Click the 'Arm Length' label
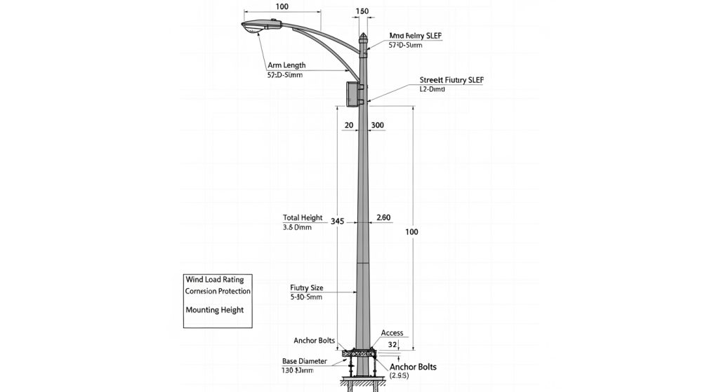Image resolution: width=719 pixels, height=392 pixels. [x=286, y=65]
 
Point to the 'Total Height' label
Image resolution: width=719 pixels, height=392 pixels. [x=303, y=217]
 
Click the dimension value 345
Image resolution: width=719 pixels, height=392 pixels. [x=337, y=222]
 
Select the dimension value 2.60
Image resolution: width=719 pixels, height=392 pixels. [x=383, y=217]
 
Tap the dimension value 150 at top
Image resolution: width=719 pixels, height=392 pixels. [x=362, y=11]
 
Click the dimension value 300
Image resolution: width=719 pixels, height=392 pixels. [x=377, y=125]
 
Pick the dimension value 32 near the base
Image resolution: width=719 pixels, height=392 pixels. [x=393, y=344]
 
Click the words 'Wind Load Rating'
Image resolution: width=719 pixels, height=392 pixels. [x=214, y=279]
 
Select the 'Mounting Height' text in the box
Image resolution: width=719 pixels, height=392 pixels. [x=214, y=309]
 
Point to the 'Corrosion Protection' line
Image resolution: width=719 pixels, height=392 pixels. [x=218, y=291]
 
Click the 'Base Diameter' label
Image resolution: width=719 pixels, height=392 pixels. [x=304, y=361]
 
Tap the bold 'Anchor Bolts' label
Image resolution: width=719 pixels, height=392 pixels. [x=413, y=367]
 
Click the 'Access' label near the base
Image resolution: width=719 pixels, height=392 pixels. [x=392, y=332]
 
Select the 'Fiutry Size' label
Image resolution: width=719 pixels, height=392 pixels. [x=306, y=288]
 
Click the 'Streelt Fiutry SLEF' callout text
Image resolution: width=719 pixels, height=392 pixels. [x=451, y=80]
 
